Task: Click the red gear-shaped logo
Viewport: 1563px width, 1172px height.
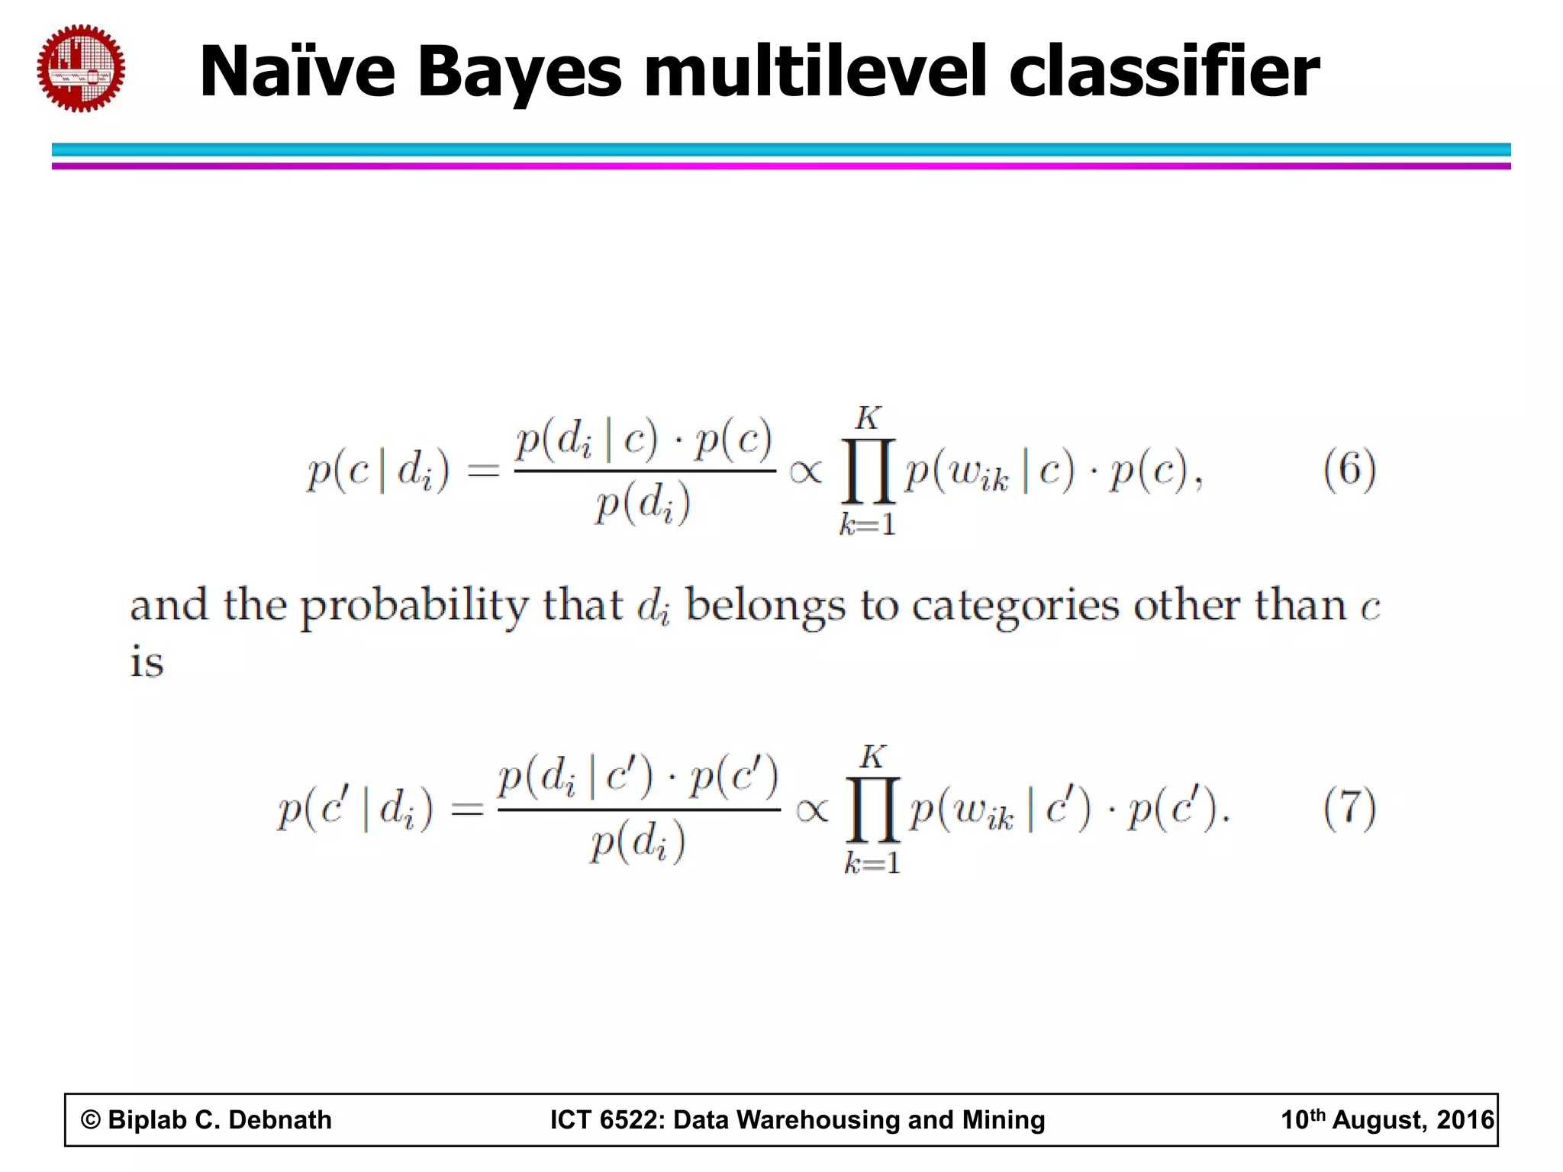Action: click(81, 69)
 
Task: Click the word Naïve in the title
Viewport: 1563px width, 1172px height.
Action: click(298, 72)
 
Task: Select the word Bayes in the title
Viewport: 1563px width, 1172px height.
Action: click(520, 73)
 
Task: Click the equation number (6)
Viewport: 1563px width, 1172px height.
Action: click(1349, 469)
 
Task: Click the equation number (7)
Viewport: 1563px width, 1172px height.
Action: click(1349, 808)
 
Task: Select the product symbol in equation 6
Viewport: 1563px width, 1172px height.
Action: click(868, 471)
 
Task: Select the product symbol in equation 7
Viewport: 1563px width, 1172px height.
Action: click(872, 810)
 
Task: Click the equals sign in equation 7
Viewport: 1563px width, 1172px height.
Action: click(467, 810)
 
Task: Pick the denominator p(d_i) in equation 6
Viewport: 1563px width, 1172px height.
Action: click(643, 504)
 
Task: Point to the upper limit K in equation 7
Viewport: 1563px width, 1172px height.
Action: click(872, 757)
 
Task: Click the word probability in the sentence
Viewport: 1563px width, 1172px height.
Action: click(414, 607)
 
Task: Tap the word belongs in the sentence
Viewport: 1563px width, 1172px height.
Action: click(765, 607)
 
